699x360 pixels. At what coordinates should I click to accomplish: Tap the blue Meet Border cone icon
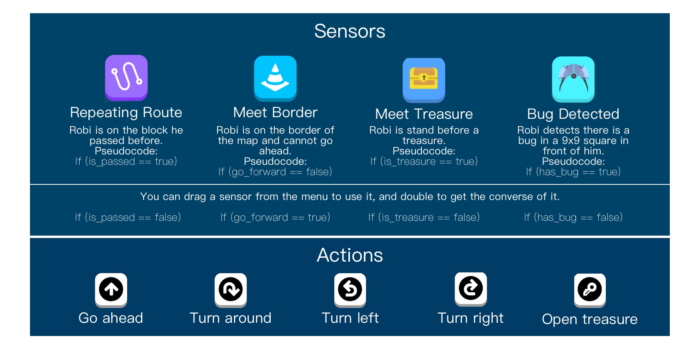click(276, 78)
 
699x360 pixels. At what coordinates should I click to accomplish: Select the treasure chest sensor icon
click(424, 80)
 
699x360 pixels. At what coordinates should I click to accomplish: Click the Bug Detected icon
click(573, 79)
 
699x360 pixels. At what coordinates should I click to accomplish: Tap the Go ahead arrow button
click(111, 290)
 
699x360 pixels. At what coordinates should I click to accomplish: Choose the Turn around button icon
click(231, 290)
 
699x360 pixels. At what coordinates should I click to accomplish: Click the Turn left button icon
click(350, 290)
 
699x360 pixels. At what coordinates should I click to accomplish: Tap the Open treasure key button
click(590, 290)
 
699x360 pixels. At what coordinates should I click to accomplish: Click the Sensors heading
click(350, 31)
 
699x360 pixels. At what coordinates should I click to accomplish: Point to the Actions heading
click(350, 255)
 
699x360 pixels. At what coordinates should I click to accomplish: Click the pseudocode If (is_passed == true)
click(126, 162)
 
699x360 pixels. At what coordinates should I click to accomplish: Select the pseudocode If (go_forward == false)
click(276, 172)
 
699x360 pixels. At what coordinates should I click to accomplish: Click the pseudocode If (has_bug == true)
click(573, 172)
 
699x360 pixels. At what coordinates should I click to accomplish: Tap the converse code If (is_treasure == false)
click(424, 218)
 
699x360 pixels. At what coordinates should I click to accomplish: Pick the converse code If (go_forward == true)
click(276, 218)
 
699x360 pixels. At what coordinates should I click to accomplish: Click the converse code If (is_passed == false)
click(128, 218)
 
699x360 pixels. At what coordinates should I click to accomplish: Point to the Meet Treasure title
click(424, 114)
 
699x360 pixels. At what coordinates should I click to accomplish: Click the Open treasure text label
click(590, 319)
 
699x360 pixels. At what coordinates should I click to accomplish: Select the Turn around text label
click(231, 318)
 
